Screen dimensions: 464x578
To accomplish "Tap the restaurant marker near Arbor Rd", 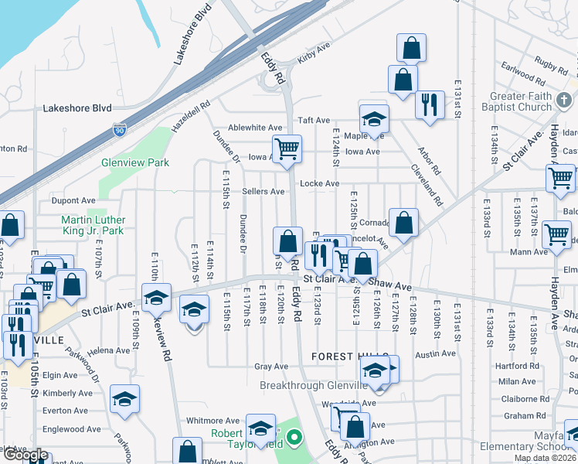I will [429, 104].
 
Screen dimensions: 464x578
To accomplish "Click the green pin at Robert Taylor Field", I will [293, 439].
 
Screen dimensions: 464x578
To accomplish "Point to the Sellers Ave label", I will [263, 191].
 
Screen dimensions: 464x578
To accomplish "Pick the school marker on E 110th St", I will [156, 297].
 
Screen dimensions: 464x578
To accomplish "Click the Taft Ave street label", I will [314, 121].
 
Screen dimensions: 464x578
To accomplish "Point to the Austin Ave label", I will [435, 353].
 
